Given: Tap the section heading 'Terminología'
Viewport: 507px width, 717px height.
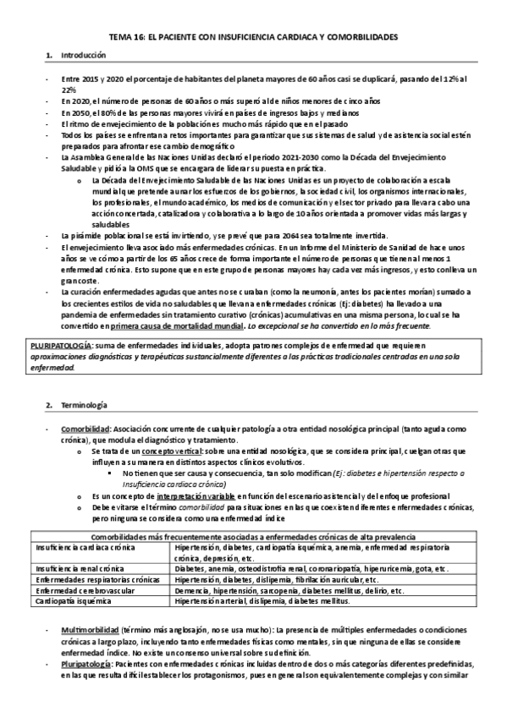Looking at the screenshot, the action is [83, 407].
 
